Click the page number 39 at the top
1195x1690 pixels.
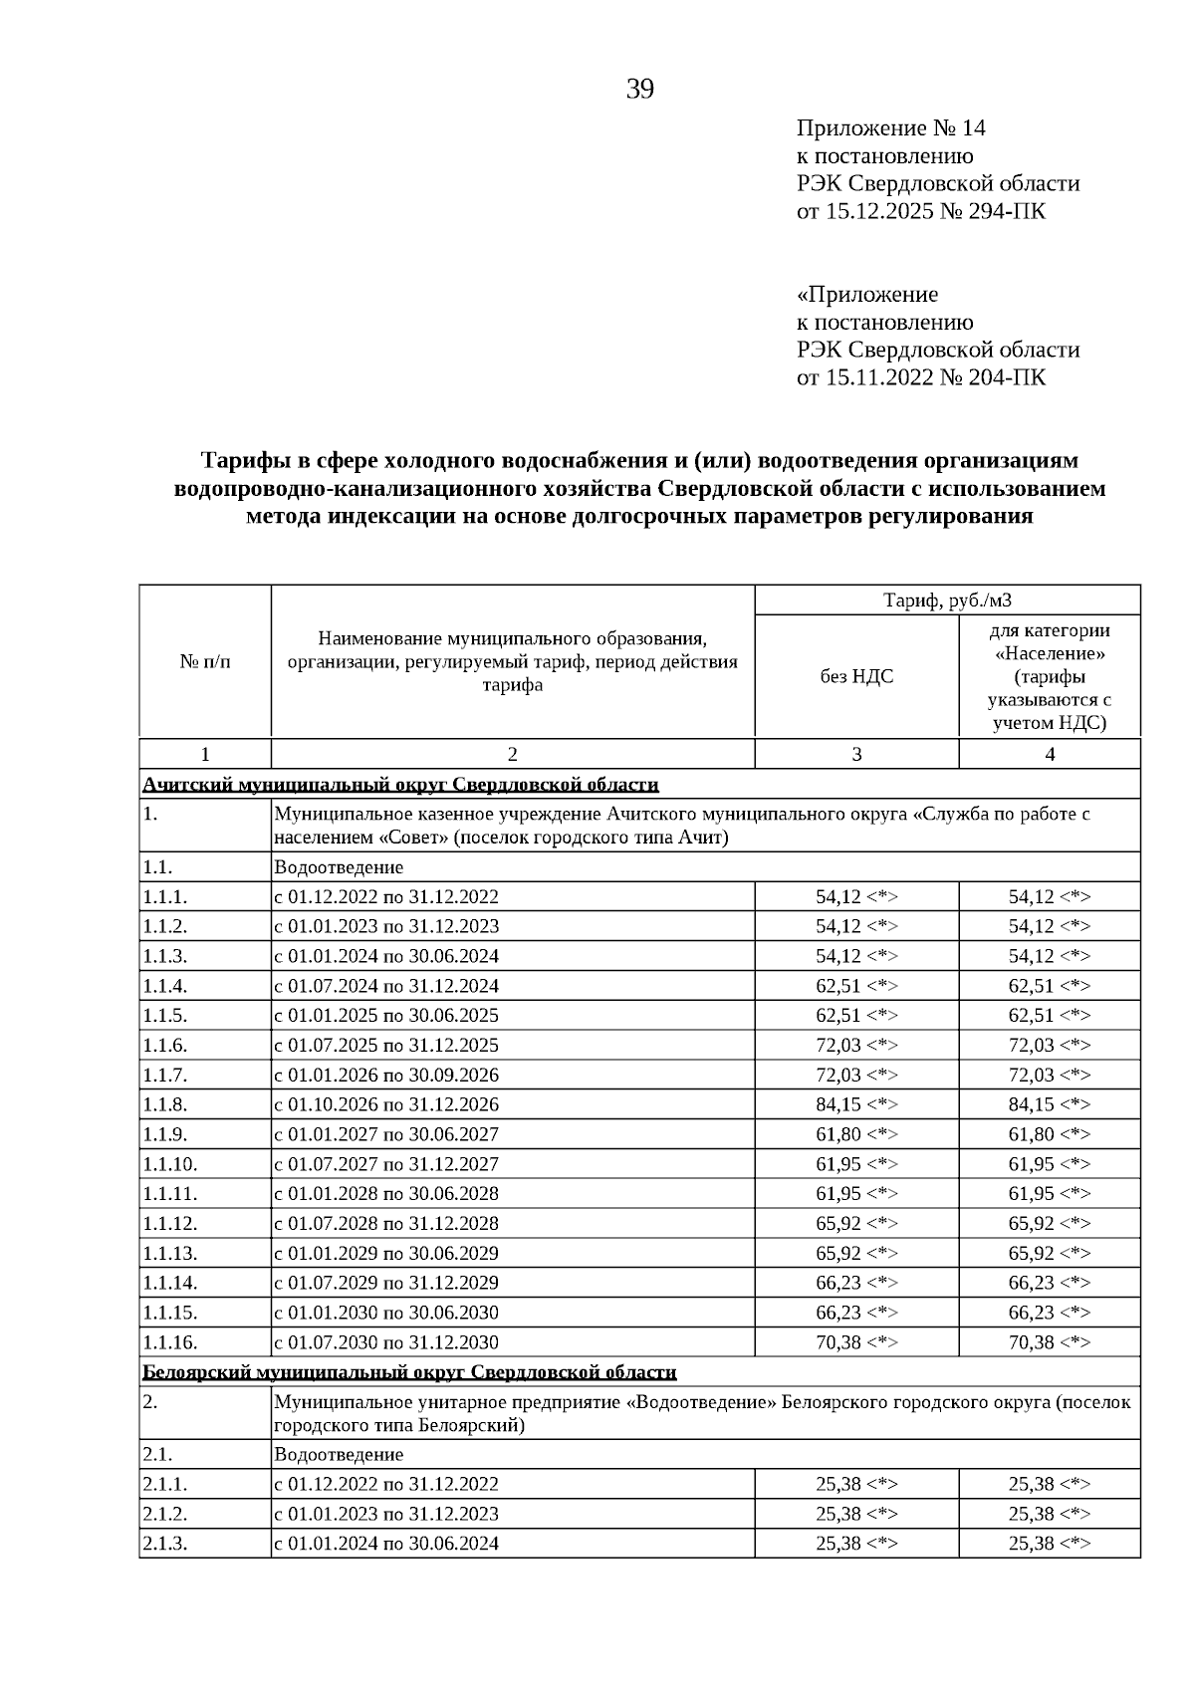[x=639, y=90]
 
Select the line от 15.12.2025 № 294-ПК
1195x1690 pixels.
[x=920, y=211]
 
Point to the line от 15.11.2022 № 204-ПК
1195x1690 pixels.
[x=920, y=377]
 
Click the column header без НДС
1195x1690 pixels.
[x=856, y=676]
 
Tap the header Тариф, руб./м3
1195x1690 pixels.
[x=947, y=601]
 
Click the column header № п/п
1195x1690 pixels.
[x=204, y=661]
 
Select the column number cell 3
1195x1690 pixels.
[x=856, y=754]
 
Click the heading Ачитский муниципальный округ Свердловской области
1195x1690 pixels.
[x=400, y=785]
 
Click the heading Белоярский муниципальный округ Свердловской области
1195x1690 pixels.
[x=409, y=1372]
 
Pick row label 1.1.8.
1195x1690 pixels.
[x=165, y=1104]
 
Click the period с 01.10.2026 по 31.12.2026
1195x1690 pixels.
[x=386, y=1104]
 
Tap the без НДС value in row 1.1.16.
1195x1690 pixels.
[x=856, y=1342]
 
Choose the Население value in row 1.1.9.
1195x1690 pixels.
[x=1049, y=1134]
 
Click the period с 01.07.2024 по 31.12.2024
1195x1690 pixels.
[x=386, y=986]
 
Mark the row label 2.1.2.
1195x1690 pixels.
[x=165, y=1514]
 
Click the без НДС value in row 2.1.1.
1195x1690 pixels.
[x=856, y=1484]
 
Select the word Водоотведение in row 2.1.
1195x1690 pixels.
[x=339, y=1455]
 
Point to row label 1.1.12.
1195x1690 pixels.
[x=169, y=1223]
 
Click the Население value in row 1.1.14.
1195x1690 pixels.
[x=1049, y=1283]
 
